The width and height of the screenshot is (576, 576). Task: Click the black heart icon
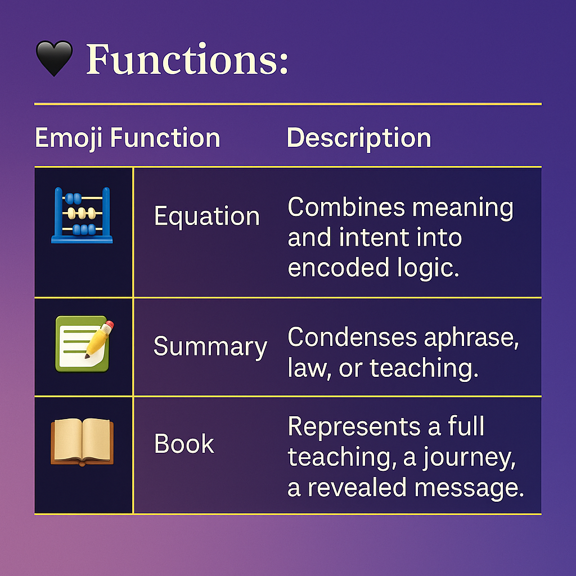pyautogui.click(x=54, y=58)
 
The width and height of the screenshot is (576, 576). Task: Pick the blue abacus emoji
pyautogui.click(x=82, y=215)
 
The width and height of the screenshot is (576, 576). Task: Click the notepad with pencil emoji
pyautogui.click(x=84, y=344)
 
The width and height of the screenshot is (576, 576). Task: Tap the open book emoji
pyautogui.click(x=82, y=442)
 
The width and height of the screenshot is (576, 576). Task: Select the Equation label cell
pyautogui.click(x=207, y=217)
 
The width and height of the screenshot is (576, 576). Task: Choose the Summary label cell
pyautogui.click(x=210, y=346)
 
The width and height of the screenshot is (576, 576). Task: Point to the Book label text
pyautogui.click(x=184, y=443)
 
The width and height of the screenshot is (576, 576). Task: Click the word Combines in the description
pyautogui.click(x=346, y=207)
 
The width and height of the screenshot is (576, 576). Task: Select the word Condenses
pyautogui.click(x=352, y=337)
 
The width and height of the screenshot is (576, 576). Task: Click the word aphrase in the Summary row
pyautogui.click(x=471, y=338)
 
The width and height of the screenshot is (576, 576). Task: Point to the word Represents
pyautogui.click(x=354, y=427)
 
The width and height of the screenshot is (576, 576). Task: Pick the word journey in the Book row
pyautogui.click(x=469, y=458)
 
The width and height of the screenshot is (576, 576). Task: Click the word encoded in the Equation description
pyautogui.click(x=338, y=267)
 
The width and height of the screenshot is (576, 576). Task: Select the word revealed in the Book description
pyautogui.click(x=357, y=488)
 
